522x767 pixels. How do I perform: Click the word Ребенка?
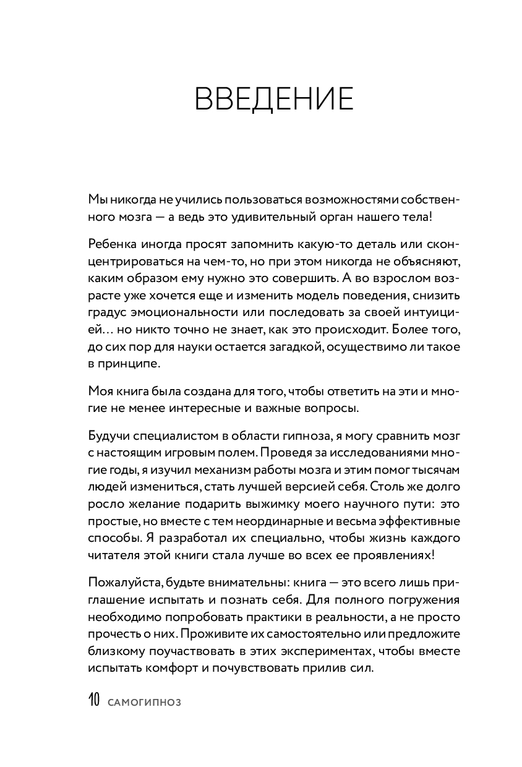[110, 244]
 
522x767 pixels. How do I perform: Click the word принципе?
[123, 363]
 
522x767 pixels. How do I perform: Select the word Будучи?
[108, 436]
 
